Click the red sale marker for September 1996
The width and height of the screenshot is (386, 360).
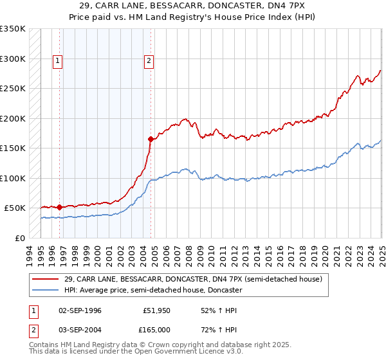60,207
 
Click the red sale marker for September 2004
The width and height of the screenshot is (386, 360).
151,139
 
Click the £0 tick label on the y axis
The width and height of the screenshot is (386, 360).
19,238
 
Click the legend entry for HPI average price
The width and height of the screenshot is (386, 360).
152,290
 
